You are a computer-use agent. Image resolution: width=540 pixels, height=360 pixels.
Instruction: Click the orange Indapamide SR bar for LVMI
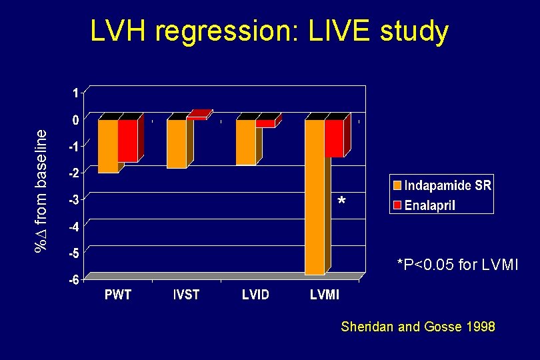[315, 197]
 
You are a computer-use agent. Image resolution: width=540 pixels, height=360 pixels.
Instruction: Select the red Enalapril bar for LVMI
[335, 139]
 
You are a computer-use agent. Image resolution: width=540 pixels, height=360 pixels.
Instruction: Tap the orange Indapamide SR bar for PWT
[107, 146]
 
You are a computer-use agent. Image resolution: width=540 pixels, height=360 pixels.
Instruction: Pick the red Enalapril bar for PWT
[127, 141]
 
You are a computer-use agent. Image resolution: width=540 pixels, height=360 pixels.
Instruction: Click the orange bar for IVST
[177, 144]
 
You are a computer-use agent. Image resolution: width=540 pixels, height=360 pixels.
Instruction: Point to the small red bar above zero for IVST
[198, 115]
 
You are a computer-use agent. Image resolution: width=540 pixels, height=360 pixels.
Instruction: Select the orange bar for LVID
[246, 142]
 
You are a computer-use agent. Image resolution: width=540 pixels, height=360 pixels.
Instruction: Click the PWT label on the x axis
[118, 295]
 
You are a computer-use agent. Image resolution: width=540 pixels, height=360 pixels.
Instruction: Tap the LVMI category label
[325, 295]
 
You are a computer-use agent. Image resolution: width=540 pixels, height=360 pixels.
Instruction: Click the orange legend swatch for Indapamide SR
[397, 186]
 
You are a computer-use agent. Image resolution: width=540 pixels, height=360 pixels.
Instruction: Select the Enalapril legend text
[429, 205]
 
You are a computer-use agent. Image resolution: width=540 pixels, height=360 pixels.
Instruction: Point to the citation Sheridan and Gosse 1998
[418, 327]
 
